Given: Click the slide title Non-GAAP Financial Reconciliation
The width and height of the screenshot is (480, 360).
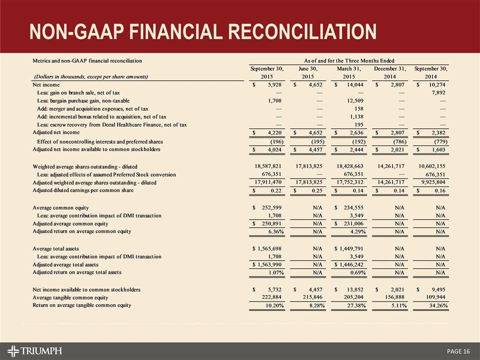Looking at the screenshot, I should pos(203,31).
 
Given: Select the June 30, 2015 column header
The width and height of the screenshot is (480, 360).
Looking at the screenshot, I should pos(307,72).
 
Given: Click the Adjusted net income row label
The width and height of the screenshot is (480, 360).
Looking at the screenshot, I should pos(56,132).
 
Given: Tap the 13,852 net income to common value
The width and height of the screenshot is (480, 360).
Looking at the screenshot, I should pos(353,289).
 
